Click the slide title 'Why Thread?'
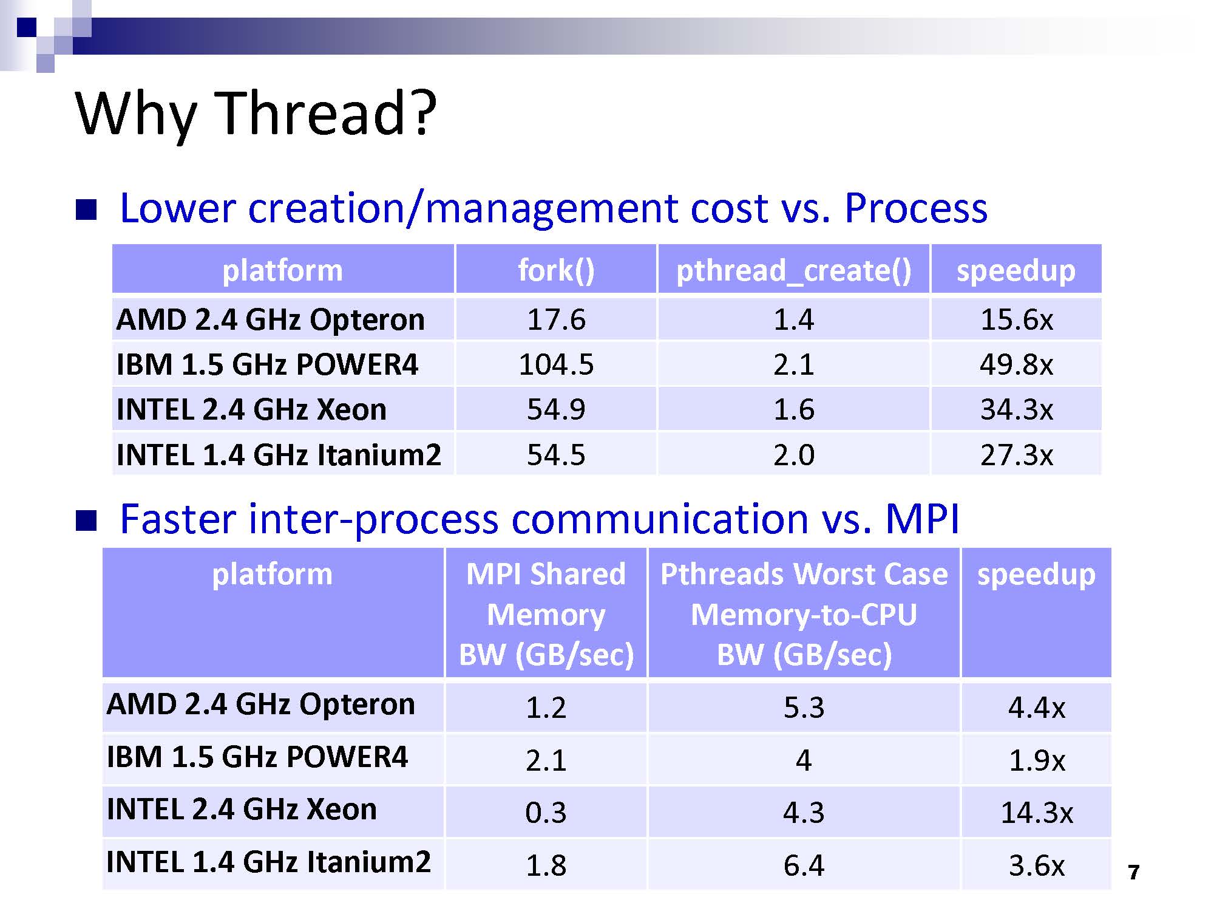256,114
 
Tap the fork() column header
556,270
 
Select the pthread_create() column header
793,271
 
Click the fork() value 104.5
556,364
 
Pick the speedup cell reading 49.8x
1016,364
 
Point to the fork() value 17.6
556,319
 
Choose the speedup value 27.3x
1016,455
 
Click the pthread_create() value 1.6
793,409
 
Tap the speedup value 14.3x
1036,813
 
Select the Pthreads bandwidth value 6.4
804,865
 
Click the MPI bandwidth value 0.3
546,813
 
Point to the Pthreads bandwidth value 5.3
804,708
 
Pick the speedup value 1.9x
1036,760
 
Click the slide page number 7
1133,873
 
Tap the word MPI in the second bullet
922,519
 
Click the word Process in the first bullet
915,208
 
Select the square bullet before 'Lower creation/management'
86,210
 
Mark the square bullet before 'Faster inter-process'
86,520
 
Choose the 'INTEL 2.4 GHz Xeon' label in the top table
251,409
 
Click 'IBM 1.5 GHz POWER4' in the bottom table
257,757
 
